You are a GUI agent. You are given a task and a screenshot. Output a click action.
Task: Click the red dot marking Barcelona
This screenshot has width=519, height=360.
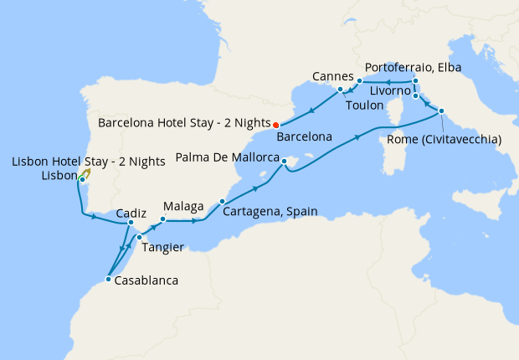coord(276,126)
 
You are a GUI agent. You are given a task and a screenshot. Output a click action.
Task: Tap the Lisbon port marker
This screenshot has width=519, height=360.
coord(82,180)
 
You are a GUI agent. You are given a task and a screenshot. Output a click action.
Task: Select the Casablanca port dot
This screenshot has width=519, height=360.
coord(108,280)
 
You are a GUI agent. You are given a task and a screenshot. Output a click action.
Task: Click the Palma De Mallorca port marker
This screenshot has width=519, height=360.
coord(285,160)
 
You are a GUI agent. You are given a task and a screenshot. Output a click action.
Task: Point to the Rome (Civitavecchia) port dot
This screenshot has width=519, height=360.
coord(441,111)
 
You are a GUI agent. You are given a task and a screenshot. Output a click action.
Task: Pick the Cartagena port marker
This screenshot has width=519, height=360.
coord(222,201)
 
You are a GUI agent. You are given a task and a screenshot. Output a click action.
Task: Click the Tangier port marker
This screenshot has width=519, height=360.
coord(139,238)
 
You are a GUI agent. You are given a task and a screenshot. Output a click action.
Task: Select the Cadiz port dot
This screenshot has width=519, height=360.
coord(131,223)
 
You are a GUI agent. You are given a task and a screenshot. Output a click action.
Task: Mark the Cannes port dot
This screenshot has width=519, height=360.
coord(340,89)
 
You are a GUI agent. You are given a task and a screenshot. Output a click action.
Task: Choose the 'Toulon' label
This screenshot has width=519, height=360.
coord(364,105)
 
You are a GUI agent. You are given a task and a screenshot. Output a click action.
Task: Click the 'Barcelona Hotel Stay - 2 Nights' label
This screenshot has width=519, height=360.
coord(184,121)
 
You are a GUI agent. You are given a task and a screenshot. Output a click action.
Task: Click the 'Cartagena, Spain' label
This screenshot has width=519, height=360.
coord(270,212)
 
